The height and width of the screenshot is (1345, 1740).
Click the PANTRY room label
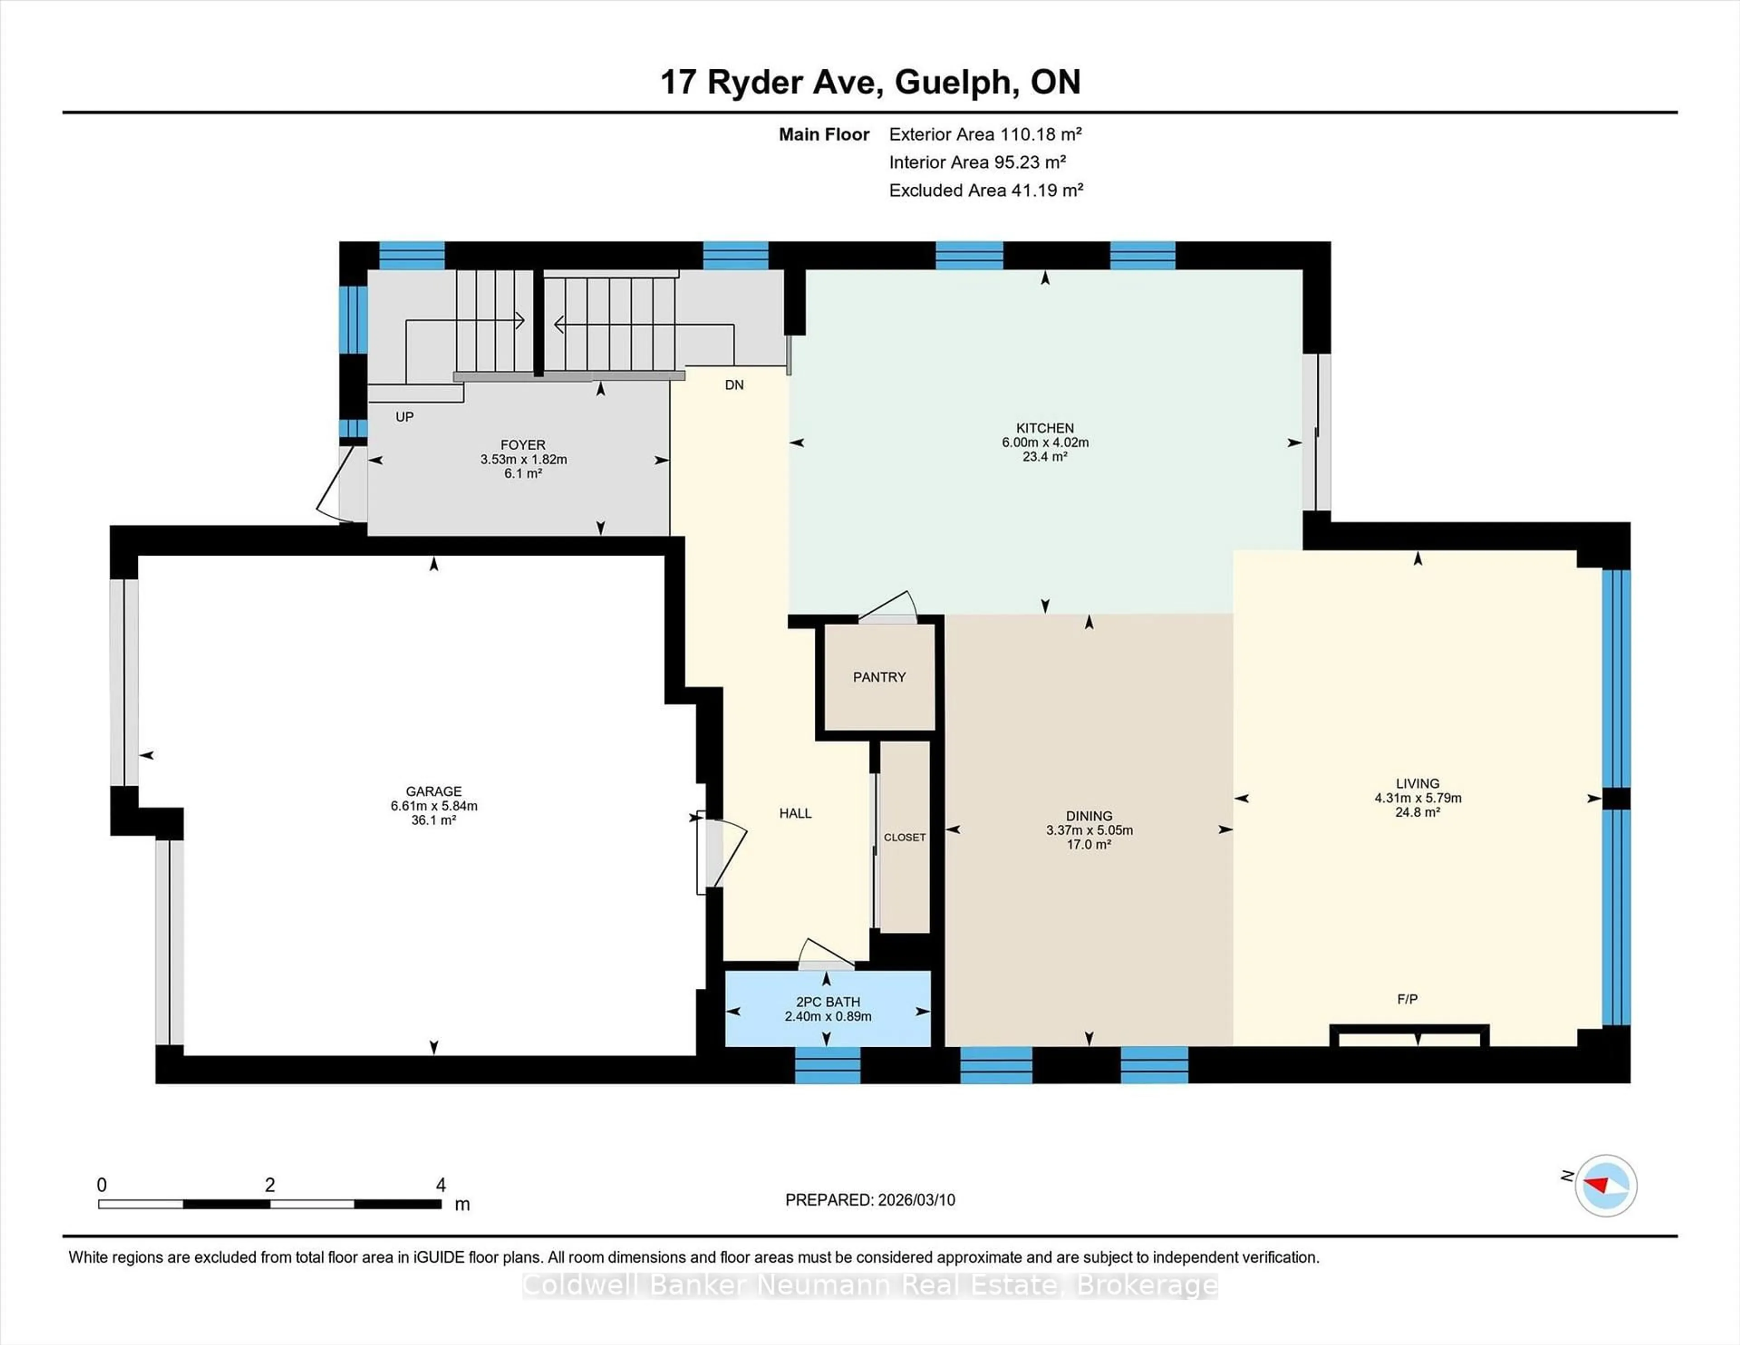(x=879, y=677)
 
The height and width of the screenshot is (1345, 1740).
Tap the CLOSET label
(x=904, y=837)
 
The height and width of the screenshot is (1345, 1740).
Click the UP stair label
(x=405, y=417)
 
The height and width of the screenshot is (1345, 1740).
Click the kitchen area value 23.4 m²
(x=1044, y=457)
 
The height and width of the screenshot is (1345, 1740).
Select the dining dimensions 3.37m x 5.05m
(x=1089, y=830)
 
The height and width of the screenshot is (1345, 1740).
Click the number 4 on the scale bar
(x=440, y=1185)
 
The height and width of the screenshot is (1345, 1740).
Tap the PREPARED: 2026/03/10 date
(x=870, y=1200)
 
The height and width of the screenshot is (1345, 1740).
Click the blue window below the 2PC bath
(x=828, y=1065)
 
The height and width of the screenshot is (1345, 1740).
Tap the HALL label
(x=795, y=813)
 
